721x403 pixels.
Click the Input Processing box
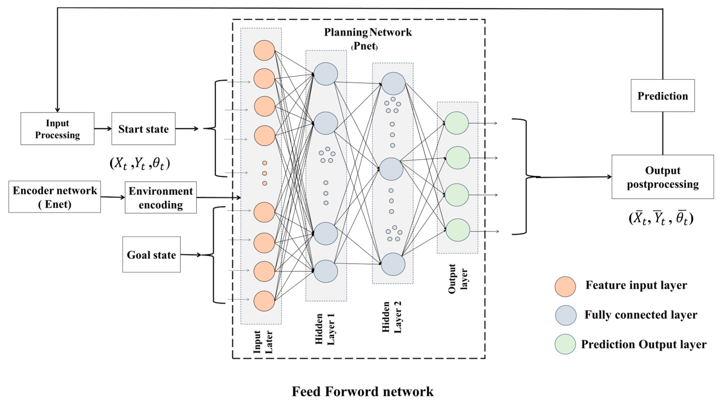click(x=57, y=129)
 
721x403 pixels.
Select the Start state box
click(x=143, y=129)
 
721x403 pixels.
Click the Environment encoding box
click(x=161, y=197)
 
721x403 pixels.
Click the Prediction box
click(x=662, y=95)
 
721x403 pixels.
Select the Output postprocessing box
click(x=662, y=177)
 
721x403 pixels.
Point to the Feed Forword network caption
click(x=362, y=391)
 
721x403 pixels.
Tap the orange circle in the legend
click(x=565, y=286)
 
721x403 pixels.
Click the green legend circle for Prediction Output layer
click(x=565, y=344)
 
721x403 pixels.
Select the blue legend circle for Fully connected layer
click(x=566, y=315)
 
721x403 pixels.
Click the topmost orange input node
click(x=264, y=50)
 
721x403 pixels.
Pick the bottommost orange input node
click(x=264, y=301)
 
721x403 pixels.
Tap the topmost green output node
click(x=456, y=123)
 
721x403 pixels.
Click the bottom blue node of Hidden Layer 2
click(x=393, y=264)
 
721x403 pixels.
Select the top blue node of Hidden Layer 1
click(x=325, y=74)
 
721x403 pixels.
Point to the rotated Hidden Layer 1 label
click(x=325, y=329)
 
